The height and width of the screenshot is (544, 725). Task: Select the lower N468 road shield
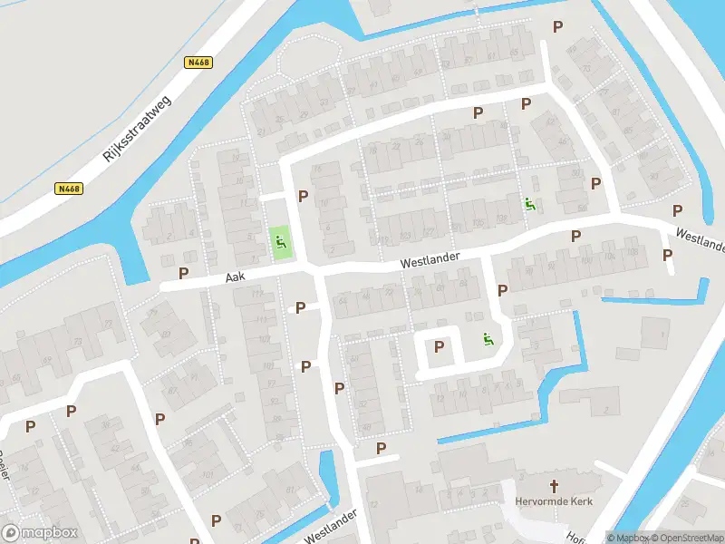pos(68,189)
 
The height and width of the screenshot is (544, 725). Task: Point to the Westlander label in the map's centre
pos(430,261)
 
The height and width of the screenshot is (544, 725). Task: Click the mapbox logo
pos(38,532)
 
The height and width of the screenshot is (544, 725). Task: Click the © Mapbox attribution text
pos(629,538)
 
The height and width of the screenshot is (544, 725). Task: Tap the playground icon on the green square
pos(281,242)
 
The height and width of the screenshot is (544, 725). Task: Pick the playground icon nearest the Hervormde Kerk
pos(488,340)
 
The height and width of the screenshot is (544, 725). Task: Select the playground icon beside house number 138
pos(528,204)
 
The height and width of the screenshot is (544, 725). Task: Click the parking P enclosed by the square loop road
pos(440,346)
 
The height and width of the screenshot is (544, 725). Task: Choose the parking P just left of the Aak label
pos(184,273)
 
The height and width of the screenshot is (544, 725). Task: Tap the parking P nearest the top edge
pos(557,27)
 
